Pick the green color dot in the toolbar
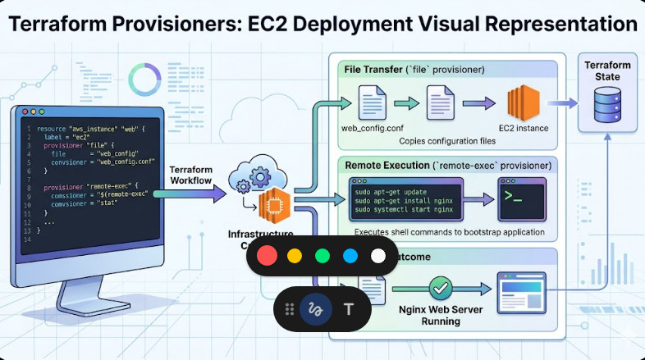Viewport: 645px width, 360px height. click(x=322, y=256)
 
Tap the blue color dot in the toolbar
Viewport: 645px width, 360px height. click(x=350, y=256)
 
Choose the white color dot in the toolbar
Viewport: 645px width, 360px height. click(x=378, y=256)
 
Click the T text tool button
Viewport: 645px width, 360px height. click(x=349, y=309)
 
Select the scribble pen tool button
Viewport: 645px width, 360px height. click(x=314, y=309)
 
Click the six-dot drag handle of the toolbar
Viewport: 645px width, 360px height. click(x=289, y=309)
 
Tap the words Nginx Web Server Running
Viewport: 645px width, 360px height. click(x=441, y=315)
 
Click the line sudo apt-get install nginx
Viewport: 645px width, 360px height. click(x=404, y=200)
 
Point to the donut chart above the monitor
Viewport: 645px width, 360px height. click(x=144, y=79)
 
